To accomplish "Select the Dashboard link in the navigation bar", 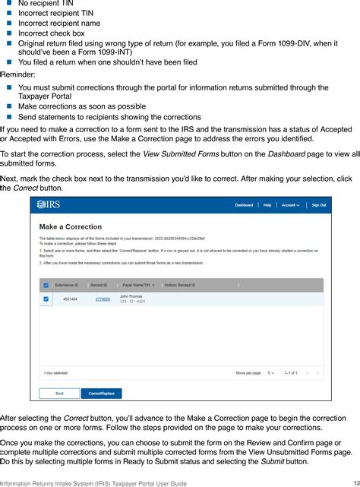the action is click(x=244, y=205).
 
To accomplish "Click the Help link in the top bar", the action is click(x=267, y=205).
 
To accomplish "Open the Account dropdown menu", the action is click(x=290, y=205).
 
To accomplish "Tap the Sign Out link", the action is click(x=318, y=205).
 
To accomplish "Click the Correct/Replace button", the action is click(x=101, y=394).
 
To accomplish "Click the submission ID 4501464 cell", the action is click(x=71, y=299).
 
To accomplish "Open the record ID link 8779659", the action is click(x=102, y=299).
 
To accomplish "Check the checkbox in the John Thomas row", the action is click(x=46, y=299).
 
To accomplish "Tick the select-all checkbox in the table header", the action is click(x=46, y=286).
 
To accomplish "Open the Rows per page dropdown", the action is click(x=271, y=373).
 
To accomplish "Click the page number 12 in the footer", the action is click(x=353, y=482).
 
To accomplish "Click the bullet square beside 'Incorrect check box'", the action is click(x=10, y=33).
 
